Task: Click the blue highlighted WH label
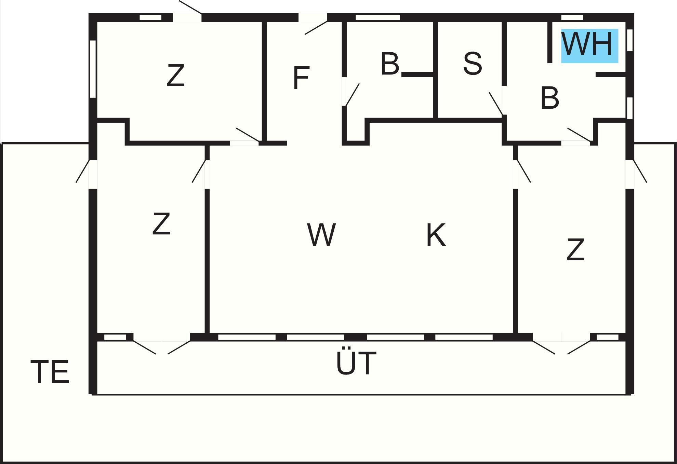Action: [x=589, y=46]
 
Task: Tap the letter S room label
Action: [x=473, y=63]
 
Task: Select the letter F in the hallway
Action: [x=301, y=78]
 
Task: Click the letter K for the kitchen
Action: [x=436, y=235]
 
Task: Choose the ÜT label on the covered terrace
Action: [x=356, y=362]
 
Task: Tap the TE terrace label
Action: [x=50, y=372]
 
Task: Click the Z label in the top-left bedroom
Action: [x=176, y=76]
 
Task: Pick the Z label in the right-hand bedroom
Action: [x=575, y=250]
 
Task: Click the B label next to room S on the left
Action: [x=389, y=64]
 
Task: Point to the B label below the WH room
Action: [x=550, y=98]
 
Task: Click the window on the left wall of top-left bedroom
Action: [x=93, y=69]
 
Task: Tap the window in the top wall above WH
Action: [x=572, y=17]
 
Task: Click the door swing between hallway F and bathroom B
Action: [x=352, y=95]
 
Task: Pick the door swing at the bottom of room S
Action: [x=496, y=103]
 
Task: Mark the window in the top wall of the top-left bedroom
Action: [x=150, y=17]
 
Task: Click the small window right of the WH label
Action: [x=629, y=40]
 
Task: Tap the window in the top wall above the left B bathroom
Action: [x=377, y=17]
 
